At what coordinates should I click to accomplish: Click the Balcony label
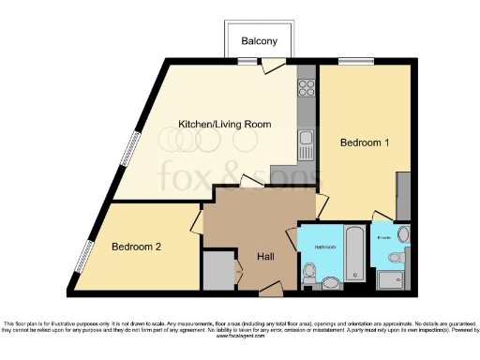pyautogui.click(x=259, y=41)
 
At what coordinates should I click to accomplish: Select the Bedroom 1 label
pyautogui.click(x=363, y=143)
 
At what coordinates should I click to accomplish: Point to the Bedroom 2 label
pyautogui.click(x=137, y=247)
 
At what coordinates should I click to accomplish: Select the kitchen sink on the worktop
pyautogui.click(x=306, y=145)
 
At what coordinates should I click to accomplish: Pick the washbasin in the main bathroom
pyautogui.click(x=330, y=283)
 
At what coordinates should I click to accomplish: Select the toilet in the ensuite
pyautogui.click(x=397, y=256)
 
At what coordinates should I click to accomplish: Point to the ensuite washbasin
pyautogui.click(x=404, y=234)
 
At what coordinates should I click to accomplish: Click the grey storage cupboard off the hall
pyautogui.click(x=217, y=271)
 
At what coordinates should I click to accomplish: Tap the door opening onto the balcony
pyautogui.click(x=274, y=66)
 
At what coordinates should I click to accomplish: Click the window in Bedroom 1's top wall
pyautogui.click(x=353, y=62)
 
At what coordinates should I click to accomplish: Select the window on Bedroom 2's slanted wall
pyautogui.click(x=84, y=257)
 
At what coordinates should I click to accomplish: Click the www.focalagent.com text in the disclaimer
pyautogui.click(x=239, y=336)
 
